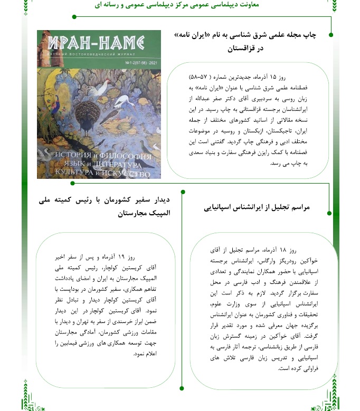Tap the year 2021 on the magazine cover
click(151, 63)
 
